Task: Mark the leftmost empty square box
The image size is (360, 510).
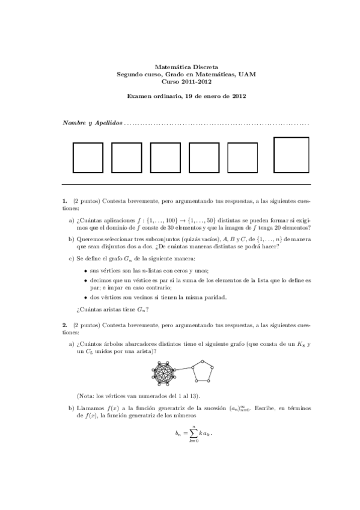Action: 88,158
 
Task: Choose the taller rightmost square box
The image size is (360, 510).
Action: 291,155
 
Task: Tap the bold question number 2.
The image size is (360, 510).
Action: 64,325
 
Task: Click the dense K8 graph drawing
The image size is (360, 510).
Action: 163,372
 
